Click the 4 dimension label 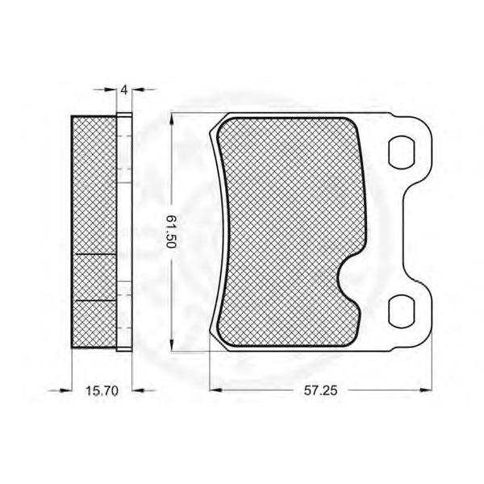click(124, 90)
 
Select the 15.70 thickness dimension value click(102, 391)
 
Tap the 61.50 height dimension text click(171, 232)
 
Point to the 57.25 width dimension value click(321, 390)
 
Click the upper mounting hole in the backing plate click(402, 152)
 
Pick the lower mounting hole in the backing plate click(402, 311)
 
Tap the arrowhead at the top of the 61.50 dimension click(172, 119)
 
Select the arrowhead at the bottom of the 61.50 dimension click(172, 344)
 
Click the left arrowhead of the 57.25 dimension click(215, 390)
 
